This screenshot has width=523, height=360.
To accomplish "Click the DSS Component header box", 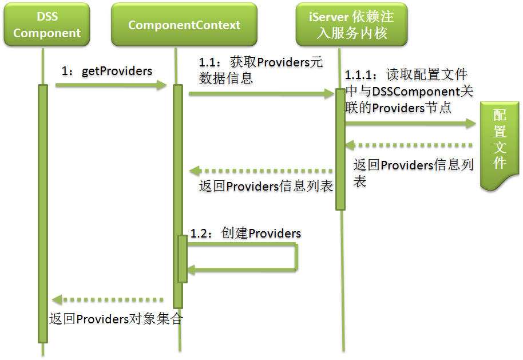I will point(47,25).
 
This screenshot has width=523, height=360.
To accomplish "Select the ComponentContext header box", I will point(184,25).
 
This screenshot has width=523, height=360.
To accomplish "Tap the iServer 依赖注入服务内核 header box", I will point(351,25).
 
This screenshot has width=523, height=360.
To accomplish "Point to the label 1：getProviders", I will point(107,71).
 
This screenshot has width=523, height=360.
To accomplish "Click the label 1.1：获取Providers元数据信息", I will point(260,70).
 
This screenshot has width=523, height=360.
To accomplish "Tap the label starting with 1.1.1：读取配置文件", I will point(409,91).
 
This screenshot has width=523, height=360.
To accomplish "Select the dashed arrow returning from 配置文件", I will point(409,145).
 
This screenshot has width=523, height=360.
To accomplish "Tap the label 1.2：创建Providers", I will point(245,234).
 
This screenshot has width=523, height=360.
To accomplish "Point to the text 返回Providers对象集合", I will point(115,319).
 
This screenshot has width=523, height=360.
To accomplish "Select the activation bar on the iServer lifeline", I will point(340,149).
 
